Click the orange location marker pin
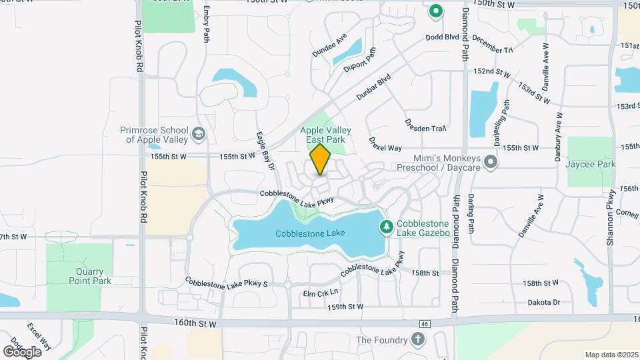pos(321,159)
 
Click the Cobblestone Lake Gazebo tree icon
pos(386,228)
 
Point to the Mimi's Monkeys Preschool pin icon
pos(491,162)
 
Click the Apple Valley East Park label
pos(325,135)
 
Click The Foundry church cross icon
pos(417,340)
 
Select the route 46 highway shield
pos(424,324)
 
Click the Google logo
pos(22,351)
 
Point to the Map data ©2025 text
pos(611,355)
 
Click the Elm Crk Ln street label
pos(321,293)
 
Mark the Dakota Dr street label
pos(543,302)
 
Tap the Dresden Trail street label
pos(425,125)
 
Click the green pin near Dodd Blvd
pos(436,11)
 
